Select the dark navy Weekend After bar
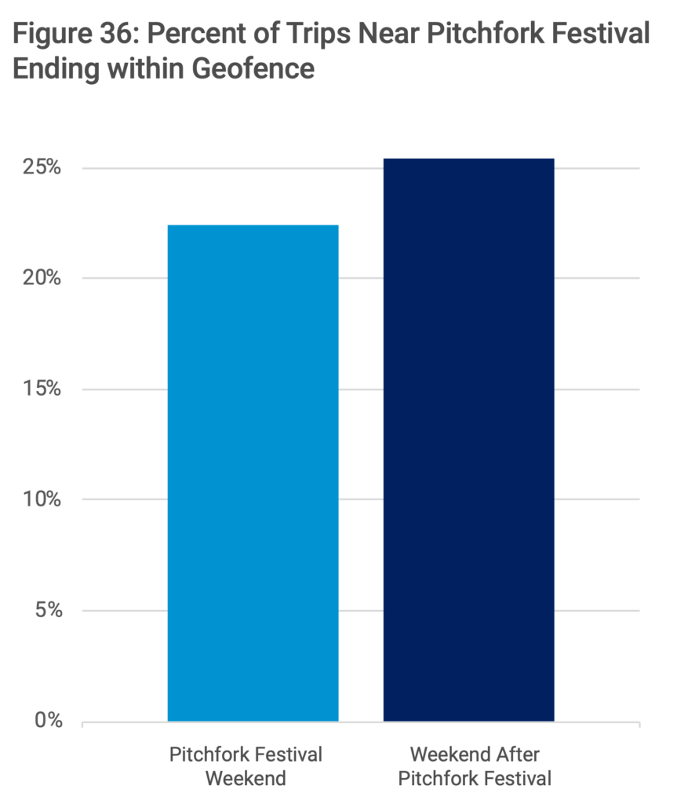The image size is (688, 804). tap(468, 440)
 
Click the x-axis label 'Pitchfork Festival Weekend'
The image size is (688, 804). tap(246, 767)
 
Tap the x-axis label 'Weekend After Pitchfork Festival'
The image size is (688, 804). tap(475, 767)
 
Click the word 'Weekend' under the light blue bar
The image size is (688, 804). tap(246, 780)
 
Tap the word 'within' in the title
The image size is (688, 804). tap(144, 68)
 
